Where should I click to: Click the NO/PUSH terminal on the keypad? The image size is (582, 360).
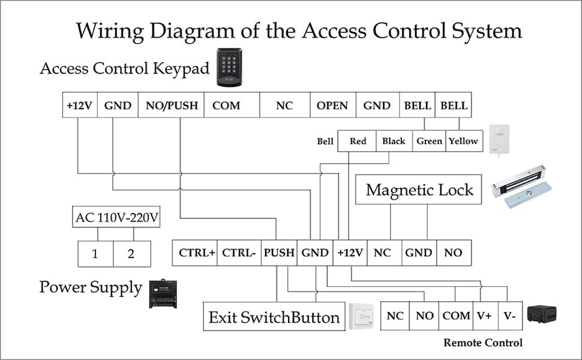(x=172, y=106)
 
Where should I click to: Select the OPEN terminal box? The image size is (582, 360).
(x=332, y=106)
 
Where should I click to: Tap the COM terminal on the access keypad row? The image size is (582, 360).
(x=226, y=106)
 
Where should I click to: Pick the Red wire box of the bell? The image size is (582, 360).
(x=358, y=141)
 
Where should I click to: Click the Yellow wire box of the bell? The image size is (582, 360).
(x=463, y=141)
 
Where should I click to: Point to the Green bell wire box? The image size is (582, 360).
(x=429, y=141)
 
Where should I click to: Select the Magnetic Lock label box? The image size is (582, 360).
(x=419, y=190)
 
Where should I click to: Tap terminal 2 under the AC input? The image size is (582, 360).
(x=131, y=254)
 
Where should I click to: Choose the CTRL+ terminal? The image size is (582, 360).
(x=196, y=253)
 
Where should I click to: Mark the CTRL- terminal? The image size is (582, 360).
(x=239, y=253)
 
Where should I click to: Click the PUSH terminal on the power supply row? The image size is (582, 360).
(x=279, y=253)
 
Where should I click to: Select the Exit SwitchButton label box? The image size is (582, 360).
(x=274, y=317)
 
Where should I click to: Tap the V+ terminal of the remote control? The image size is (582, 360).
(x=484, y=316)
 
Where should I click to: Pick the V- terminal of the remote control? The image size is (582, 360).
(x=510, y=316)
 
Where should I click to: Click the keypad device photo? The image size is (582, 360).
(x=229, y=67)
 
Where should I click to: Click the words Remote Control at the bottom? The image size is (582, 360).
(x=483, y=343)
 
